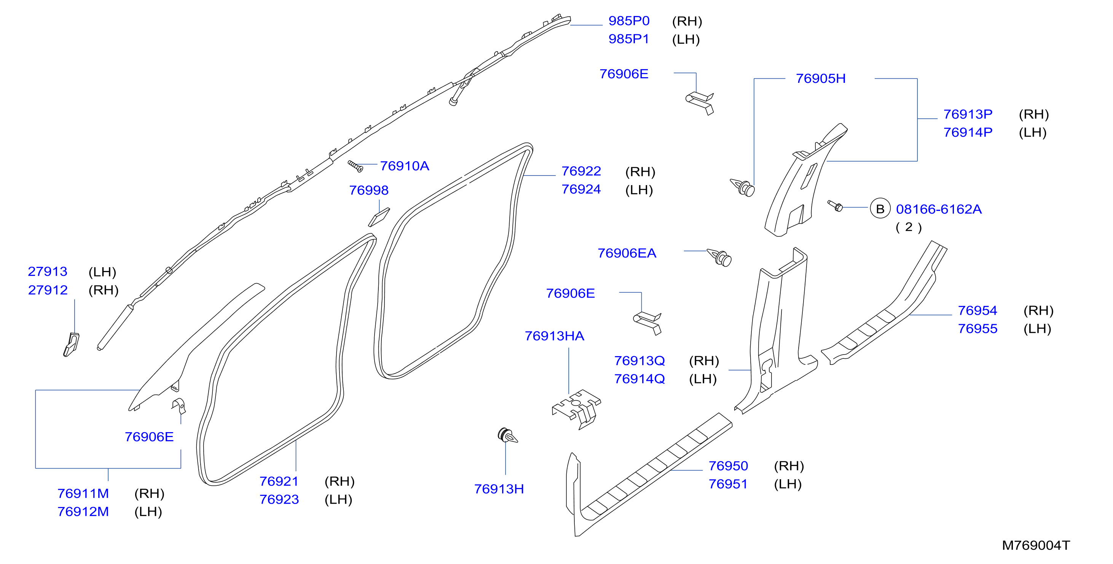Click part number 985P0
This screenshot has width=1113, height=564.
tap(629, 21)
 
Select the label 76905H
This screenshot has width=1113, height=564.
tap(821, 79)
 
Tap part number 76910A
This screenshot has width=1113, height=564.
tap(404, 166)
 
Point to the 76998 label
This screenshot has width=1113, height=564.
tap(368, 190)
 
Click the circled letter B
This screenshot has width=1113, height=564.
tap(880, 209)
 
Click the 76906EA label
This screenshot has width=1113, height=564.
tap(627, 253)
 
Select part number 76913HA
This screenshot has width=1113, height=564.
tap(554, 336)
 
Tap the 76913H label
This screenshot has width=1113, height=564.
tap(499, 488)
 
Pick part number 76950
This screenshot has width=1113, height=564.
tap(728, 466)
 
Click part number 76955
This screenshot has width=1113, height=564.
tap(977, 328)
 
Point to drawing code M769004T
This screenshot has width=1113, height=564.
tap(1036, 545)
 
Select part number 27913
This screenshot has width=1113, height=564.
tap(48, 271)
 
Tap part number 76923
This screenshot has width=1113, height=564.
tap(279, 499)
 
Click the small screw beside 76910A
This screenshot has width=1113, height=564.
tap(355, 166)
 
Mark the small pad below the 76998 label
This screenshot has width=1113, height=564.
tap(378, 217)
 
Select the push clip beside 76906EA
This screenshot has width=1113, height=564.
tap(720, 258)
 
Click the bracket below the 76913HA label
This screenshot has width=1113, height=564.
tap(576, 409)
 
